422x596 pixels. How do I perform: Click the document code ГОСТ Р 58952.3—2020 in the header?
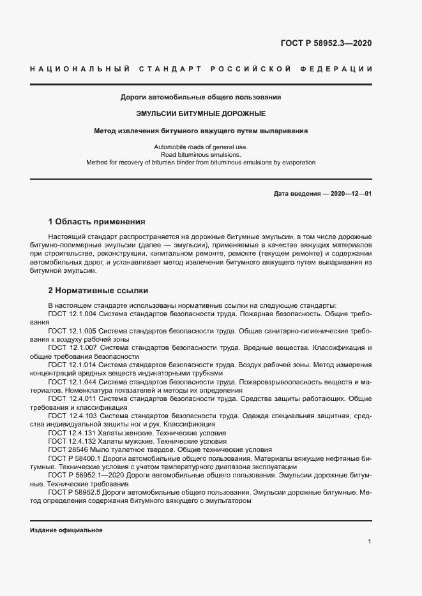coord(326,43)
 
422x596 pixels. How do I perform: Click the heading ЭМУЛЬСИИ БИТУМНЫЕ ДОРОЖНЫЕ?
coord(201,114)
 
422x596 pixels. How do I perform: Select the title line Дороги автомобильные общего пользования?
coord(201,98)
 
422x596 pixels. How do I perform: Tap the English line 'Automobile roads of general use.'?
coord(200,147)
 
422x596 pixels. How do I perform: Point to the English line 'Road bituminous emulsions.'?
coord(200,155)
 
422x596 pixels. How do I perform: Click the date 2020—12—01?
coord(348,193)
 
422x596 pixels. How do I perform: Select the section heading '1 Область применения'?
coord(97,222)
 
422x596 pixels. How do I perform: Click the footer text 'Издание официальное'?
coord(66,530)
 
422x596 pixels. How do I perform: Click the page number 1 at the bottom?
coord(370,542)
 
